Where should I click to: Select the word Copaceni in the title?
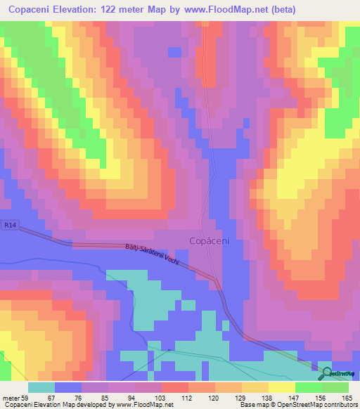[34, 10]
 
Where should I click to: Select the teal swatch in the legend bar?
[41, 387]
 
